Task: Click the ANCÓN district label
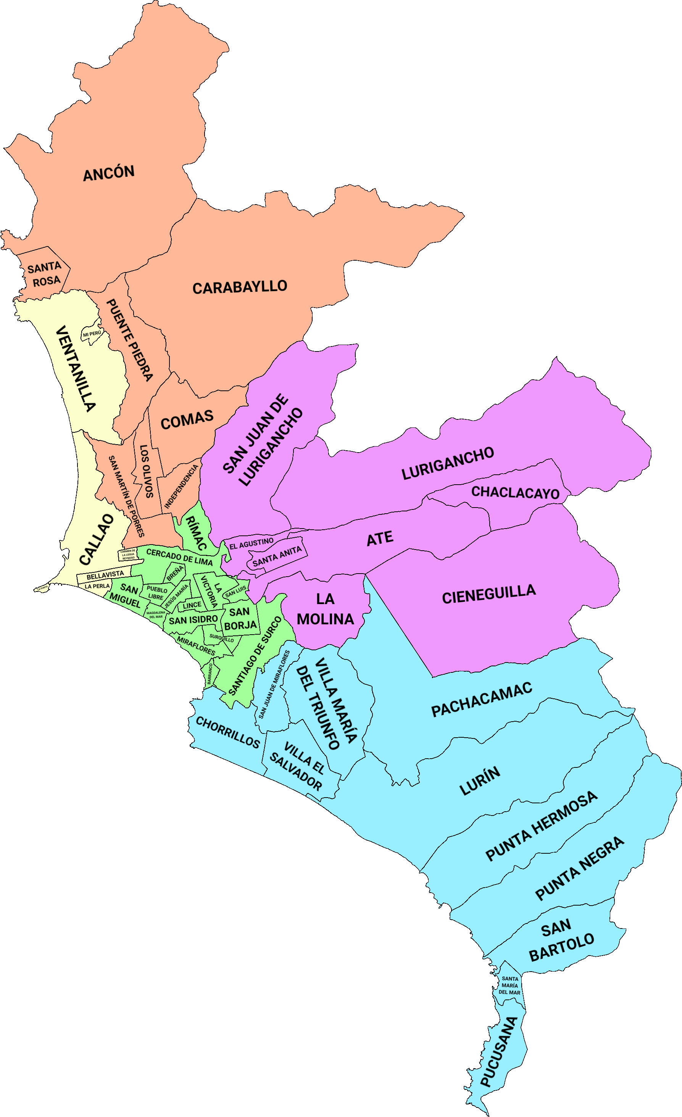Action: pos(109,173)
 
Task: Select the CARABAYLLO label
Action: pos(240,287)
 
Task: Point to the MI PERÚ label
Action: pos(92,334)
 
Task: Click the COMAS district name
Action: pos(187,420)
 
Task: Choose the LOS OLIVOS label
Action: pos(147,471)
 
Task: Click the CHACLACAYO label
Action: pos(516,492)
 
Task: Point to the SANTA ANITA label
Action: pos(277,556)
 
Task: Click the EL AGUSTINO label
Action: pos(251,543)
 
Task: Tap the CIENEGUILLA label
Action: pos(489,594)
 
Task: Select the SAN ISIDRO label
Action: pos(193,620)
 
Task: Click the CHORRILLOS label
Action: pos(227,732)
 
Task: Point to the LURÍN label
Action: pos(480,781)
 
